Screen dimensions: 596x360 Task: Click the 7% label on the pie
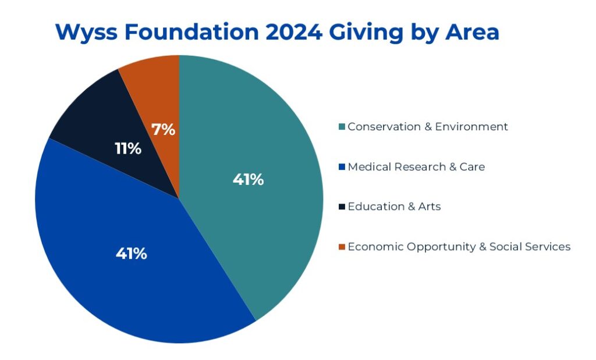tap(164, 130)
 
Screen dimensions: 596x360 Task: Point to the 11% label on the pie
tap(128, 148)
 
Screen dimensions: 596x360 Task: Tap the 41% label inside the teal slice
tap(248, 180)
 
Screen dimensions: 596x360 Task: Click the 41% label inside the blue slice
tap(132, 254)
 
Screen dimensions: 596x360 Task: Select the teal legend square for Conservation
tap(342, 127)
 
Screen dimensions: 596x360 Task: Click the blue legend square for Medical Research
tap(342, 167)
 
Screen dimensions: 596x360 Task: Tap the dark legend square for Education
tap(342, 206)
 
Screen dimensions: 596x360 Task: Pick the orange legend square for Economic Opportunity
tap(342, 247)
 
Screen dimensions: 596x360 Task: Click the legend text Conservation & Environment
tap(428, 126)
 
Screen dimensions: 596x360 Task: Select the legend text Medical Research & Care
tap(416, 167)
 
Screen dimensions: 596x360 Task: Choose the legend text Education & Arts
tap(394, 206)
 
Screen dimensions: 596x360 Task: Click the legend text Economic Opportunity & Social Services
tap(459, 247)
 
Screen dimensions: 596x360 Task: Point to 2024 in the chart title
tap(294, 32)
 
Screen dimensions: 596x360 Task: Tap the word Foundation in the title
tap(191, 32)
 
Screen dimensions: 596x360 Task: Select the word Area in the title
tap(472, 32)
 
